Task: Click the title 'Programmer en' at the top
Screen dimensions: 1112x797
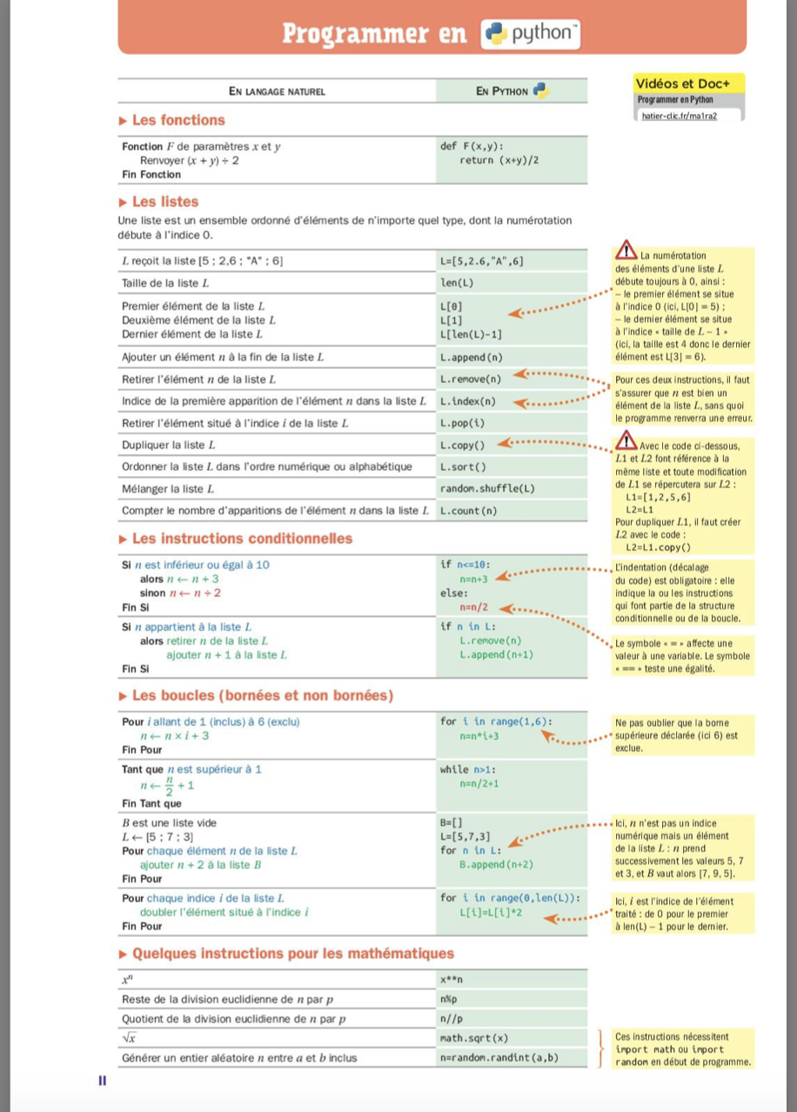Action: (x=376, y=33)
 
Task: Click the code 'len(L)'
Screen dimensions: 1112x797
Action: (x=457, y=283)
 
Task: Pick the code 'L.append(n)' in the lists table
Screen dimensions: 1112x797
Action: (x=472, y=357)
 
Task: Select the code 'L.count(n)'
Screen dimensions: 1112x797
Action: (x=469, y=510)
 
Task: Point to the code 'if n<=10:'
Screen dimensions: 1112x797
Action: (x=471, y=564)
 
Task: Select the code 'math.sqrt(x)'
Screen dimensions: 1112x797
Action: (x=475, y=1038)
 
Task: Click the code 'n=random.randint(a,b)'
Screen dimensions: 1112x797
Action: (x=499, y=1058)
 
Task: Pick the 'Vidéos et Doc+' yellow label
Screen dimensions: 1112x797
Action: (x=677, y=84)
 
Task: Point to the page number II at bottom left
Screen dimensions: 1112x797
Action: (x=102, y=1081)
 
